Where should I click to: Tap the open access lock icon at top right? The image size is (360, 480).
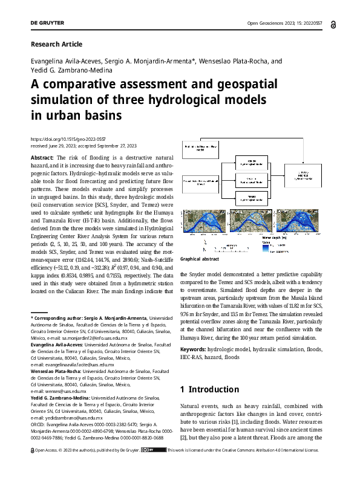click(x=335, y=24)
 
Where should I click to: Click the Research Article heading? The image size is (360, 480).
click(x=56, y=44)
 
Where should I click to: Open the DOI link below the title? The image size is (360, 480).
click(x=64, y=138)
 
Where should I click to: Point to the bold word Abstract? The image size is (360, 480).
click(x=42, y=157)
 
